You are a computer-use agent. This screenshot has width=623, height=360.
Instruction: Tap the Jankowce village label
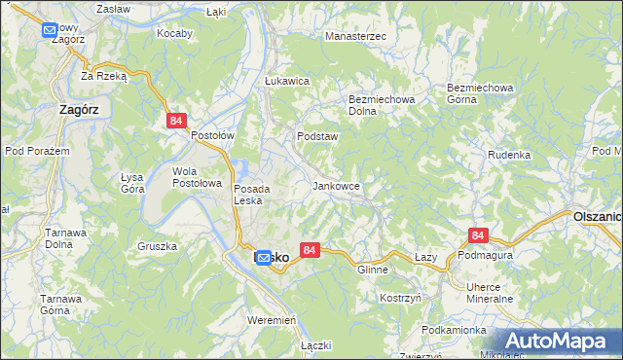(337, 185)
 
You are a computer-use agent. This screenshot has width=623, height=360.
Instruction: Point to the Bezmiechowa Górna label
(480, 93)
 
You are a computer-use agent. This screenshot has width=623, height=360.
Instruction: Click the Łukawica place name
(287, 82)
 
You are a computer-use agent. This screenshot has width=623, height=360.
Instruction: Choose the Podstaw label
(317, 137)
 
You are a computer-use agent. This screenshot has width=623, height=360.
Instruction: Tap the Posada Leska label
(258, 195)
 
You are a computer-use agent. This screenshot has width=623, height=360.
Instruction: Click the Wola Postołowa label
(198, 177)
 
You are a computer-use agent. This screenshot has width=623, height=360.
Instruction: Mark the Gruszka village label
(157, 246)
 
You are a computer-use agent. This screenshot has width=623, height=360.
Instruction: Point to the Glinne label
(373, 270)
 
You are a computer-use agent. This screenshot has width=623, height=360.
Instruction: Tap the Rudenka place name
(509, 155)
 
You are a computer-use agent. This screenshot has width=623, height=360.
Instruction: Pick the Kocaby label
(175, 32)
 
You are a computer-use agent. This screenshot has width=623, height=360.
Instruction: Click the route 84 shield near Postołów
(175, 121)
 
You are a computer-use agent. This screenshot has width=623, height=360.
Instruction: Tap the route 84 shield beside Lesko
(310, 251)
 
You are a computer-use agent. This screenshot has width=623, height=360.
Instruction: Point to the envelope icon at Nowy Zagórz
(51, 30)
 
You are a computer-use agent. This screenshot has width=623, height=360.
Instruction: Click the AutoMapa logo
(557, 342)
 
